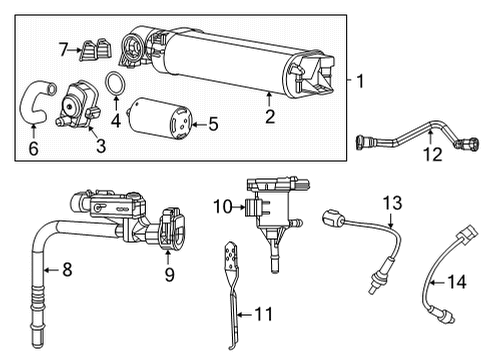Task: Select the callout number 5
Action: pyautogui.click(x=212, y=125)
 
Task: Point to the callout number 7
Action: pyautogui.click(x=62, y=49)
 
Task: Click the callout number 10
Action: pyautogui.click(x=222, y=208)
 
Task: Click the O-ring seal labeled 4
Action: pyautogui.click(x=117, y=82)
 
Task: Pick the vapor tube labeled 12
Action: pyautogui.click(x=410, y=140)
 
